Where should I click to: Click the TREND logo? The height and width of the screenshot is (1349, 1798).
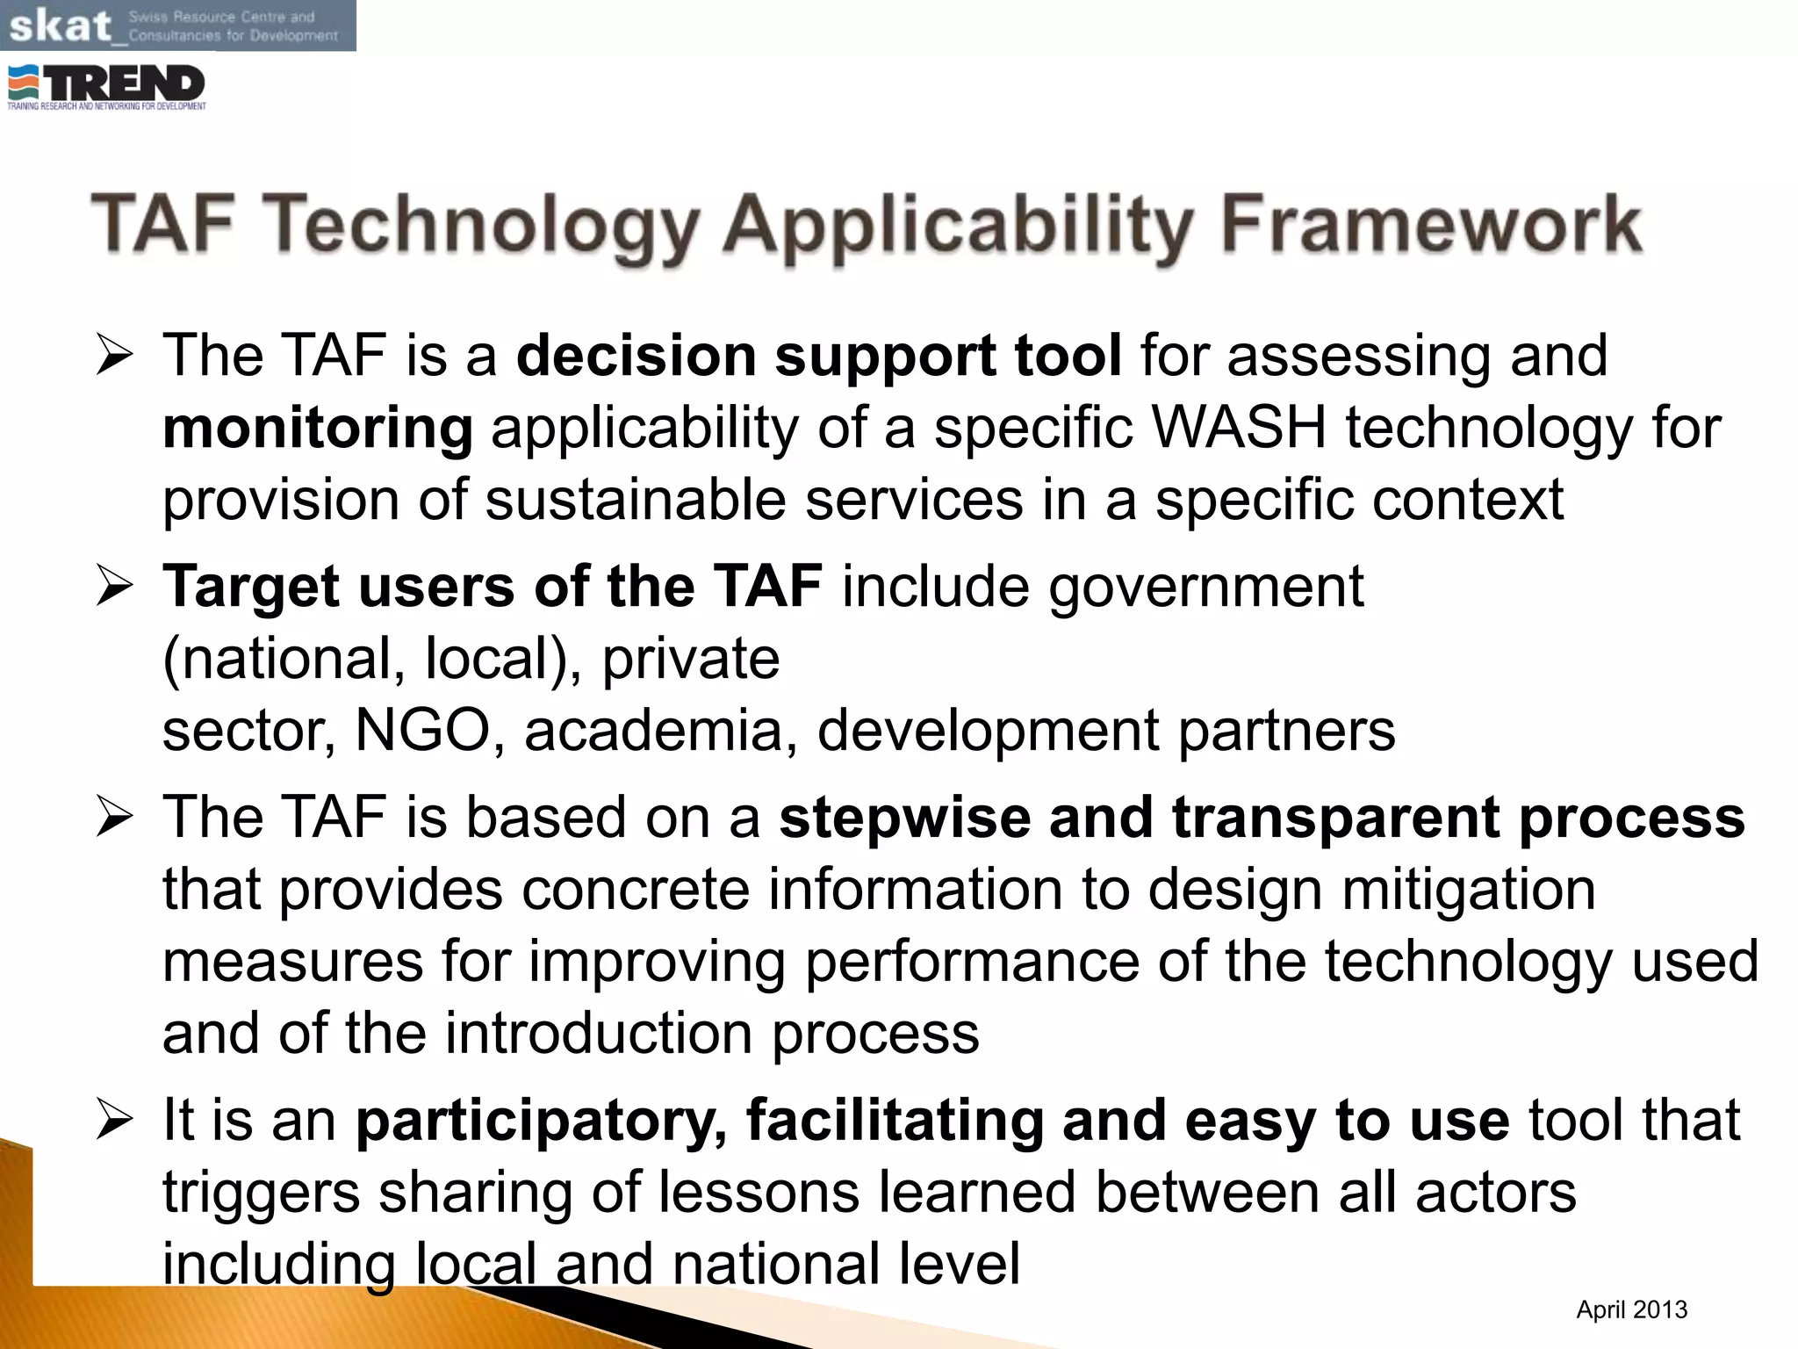107,87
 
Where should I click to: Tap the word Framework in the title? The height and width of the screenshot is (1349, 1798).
1431,225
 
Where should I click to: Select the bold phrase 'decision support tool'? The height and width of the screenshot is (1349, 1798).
818,356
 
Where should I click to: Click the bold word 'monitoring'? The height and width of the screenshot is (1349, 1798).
318,428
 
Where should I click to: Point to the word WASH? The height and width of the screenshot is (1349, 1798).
1239,428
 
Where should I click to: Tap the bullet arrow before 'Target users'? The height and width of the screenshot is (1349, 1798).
114,587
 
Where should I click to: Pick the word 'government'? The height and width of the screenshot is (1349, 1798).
1206,587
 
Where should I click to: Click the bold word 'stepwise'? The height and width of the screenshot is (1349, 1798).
904,819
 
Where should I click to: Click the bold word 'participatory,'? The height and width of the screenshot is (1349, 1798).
541,1122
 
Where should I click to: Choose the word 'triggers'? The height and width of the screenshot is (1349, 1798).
261,1194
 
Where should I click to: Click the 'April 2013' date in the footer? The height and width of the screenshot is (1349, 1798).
1631,1309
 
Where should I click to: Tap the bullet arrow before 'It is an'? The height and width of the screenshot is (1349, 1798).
114,1122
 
